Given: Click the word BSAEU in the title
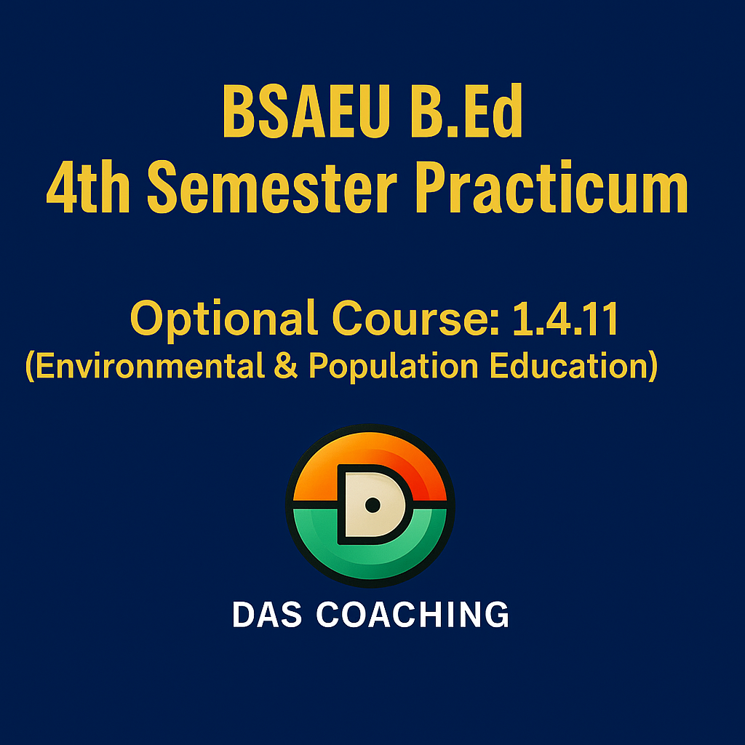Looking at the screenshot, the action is (x=306, y=111).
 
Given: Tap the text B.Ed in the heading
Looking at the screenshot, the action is (x=466, y=111).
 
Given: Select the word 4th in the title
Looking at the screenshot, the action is (x=88, y=186).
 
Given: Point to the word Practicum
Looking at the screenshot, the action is (x=551, y=186).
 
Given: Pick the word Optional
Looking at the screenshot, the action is (x=223, y=319).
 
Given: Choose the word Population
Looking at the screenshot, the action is (x=394, y=367).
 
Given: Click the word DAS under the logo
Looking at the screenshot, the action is (x=266, y=614).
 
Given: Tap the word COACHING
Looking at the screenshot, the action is (x=413, y=614).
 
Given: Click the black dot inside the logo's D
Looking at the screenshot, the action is (x=372, y=505).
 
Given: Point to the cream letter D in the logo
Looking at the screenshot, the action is (x=373, y=505).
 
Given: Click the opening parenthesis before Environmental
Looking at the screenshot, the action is (x=30, y=367).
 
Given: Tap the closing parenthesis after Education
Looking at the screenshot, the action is (x=653, y=367).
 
